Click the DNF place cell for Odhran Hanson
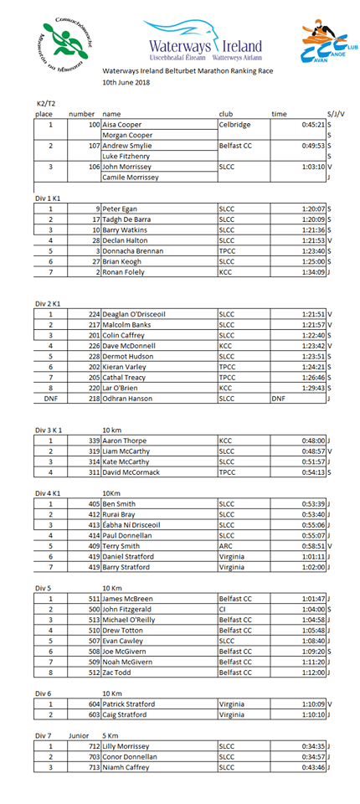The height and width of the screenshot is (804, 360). [51, 399]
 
